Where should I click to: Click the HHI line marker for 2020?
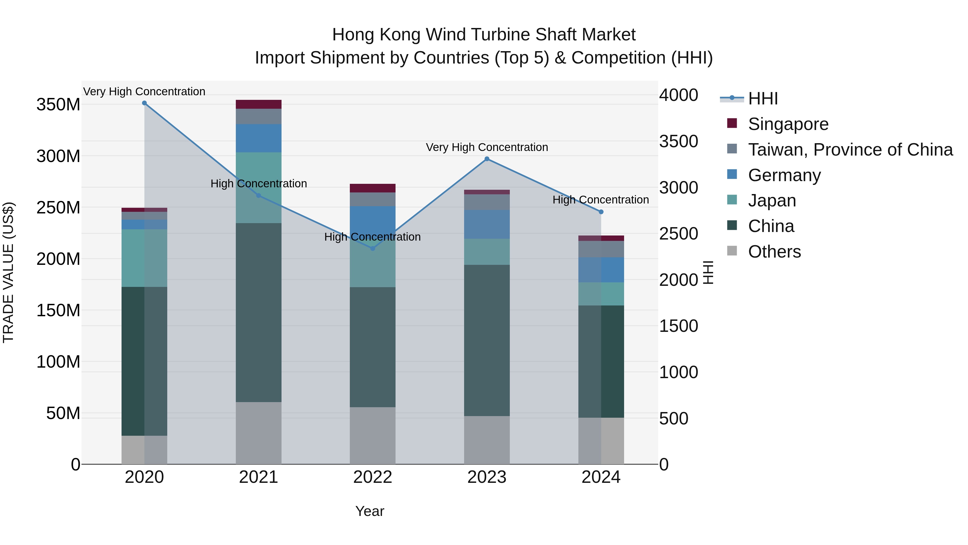pos(144,103)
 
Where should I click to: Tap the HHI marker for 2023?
pos(487,159)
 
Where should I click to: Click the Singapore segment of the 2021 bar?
pos(258,104)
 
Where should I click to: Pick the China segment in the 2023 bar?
pos(487,340)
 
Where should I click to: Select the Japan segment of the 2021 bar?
pos(258,188)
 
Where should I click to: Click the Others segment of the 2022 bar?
pos(373,435)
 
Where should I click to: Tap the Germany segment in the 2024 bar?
pos(601,270)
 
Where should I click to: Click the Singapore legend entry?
pos(788,124)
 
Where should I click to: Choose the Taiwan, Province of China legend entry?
pos(850,150)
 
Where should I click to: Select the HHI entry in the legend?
pos(763,99)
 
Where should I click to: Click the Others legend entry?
pos(774,252)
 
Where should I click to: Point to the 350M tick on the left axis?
pos(58,105)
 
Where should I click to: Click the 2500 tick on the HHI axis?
pos(679,234)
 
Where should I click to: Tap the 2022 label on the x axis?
pos(373,477)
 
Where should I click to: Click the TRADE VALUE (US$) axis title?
pos(8,272)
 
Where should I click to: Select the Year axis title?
pos(370,511)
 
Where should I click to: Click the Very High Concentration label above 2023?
pos(487,147)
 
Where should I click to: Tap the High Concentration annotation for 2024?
pos(600,200)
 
